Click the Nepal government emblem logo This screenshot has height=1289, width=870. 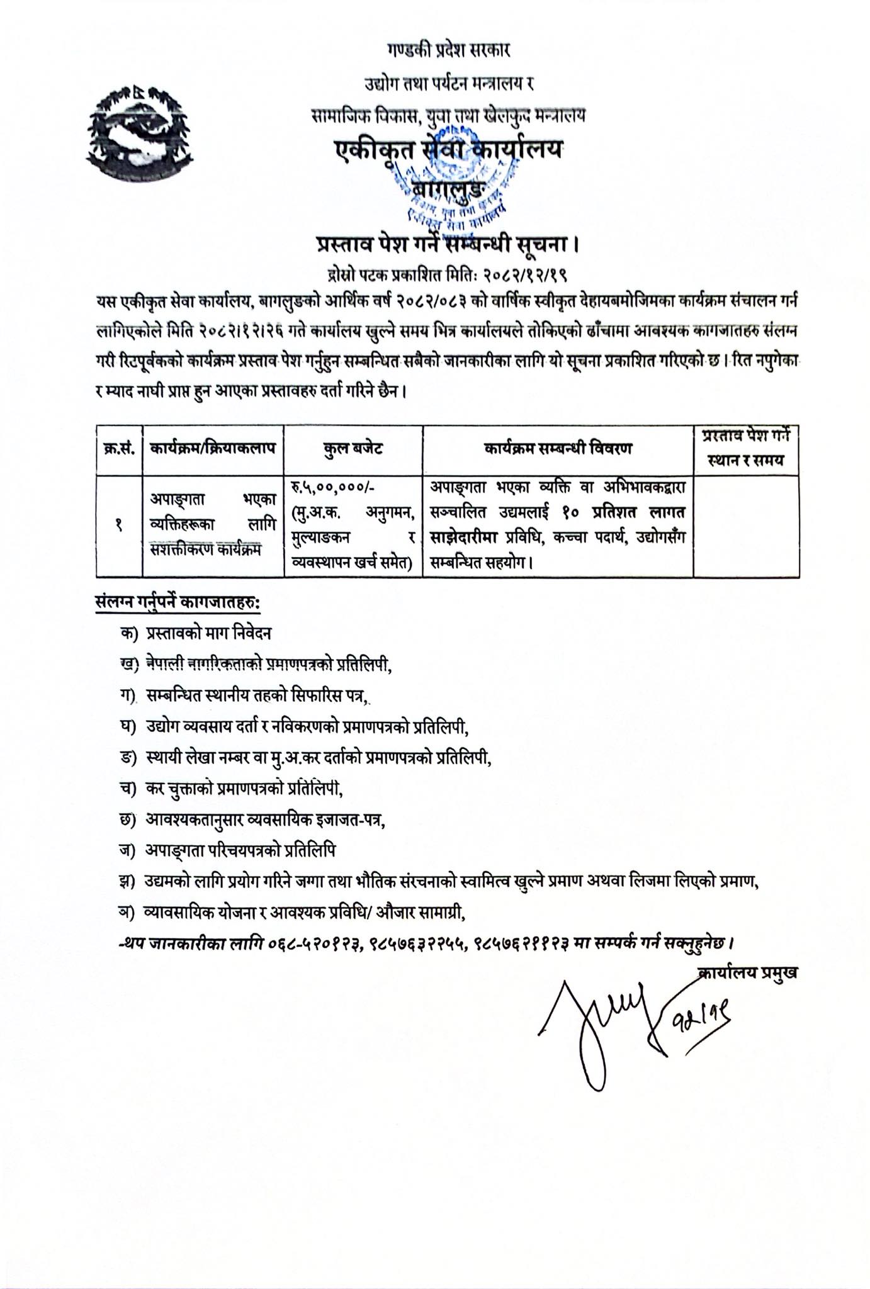tap(137, 133)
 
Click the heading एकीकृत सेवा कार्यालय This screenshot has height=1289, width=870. tap(448, 150)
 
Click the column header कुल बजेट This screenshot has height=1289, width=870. tap(353, 449)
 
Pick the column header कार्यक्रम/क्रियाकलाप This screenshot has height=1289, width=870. tap(213, 449)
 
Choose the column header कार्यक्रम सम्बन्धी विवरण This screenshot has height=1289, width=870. tap(558, 449)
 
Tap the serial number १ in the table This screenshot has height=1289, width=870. tap(119, 526)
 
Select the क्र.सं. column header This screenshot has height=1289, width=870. tap(119, 449)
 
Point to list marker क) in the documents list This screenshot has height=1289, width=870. tap(128, 634)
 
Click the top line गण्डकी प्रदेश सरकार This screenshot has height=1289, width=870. tap(448, 49)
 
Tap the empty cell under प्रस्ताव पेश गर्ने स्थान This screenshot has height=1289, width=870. tap(746, 526)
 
